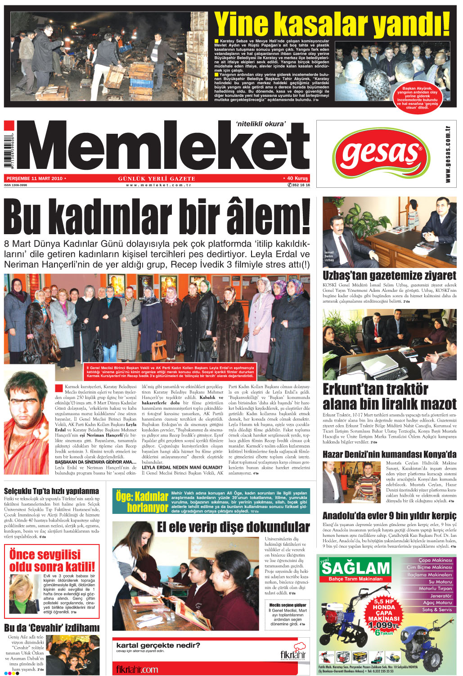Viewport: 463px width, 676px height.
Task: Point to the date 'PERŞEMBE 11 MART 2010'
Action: point(34,178)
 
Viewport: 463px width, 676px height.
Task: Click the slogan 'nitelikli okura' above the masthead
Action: point(261,124)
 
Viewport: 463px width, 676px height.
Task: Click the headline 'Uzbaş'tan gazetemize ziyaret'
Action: point(389,275)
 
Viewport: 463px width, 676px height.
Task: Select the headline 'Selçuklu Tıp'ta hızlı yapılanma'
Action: point(51,491)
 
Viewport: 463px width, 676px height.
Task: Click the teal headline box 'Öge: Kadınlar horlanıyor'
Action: point(141,502)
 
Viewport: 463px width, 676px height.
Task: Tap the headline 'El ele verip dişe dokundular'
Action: point(233,527)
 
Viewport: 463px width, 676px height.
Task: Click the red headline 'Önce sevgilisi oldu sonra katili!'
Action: point(52,560)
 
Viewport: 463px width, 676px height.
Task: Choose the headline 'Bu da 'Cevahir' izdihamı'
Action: point(52,627)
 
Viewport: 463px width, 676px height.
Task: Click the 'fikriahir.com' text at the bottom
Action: point(137,669)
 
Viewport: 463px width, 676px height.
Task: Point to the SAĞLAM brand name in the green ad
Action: point(355,568)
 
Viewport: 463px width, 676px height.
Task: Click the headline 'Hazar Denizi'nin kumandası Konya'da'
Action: point(389,454)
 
